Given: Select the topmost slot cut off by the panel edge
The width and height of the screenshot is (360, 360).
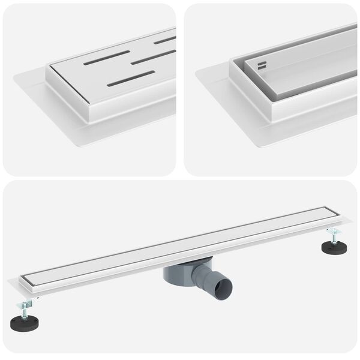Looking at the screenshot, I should pos(166,40).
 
